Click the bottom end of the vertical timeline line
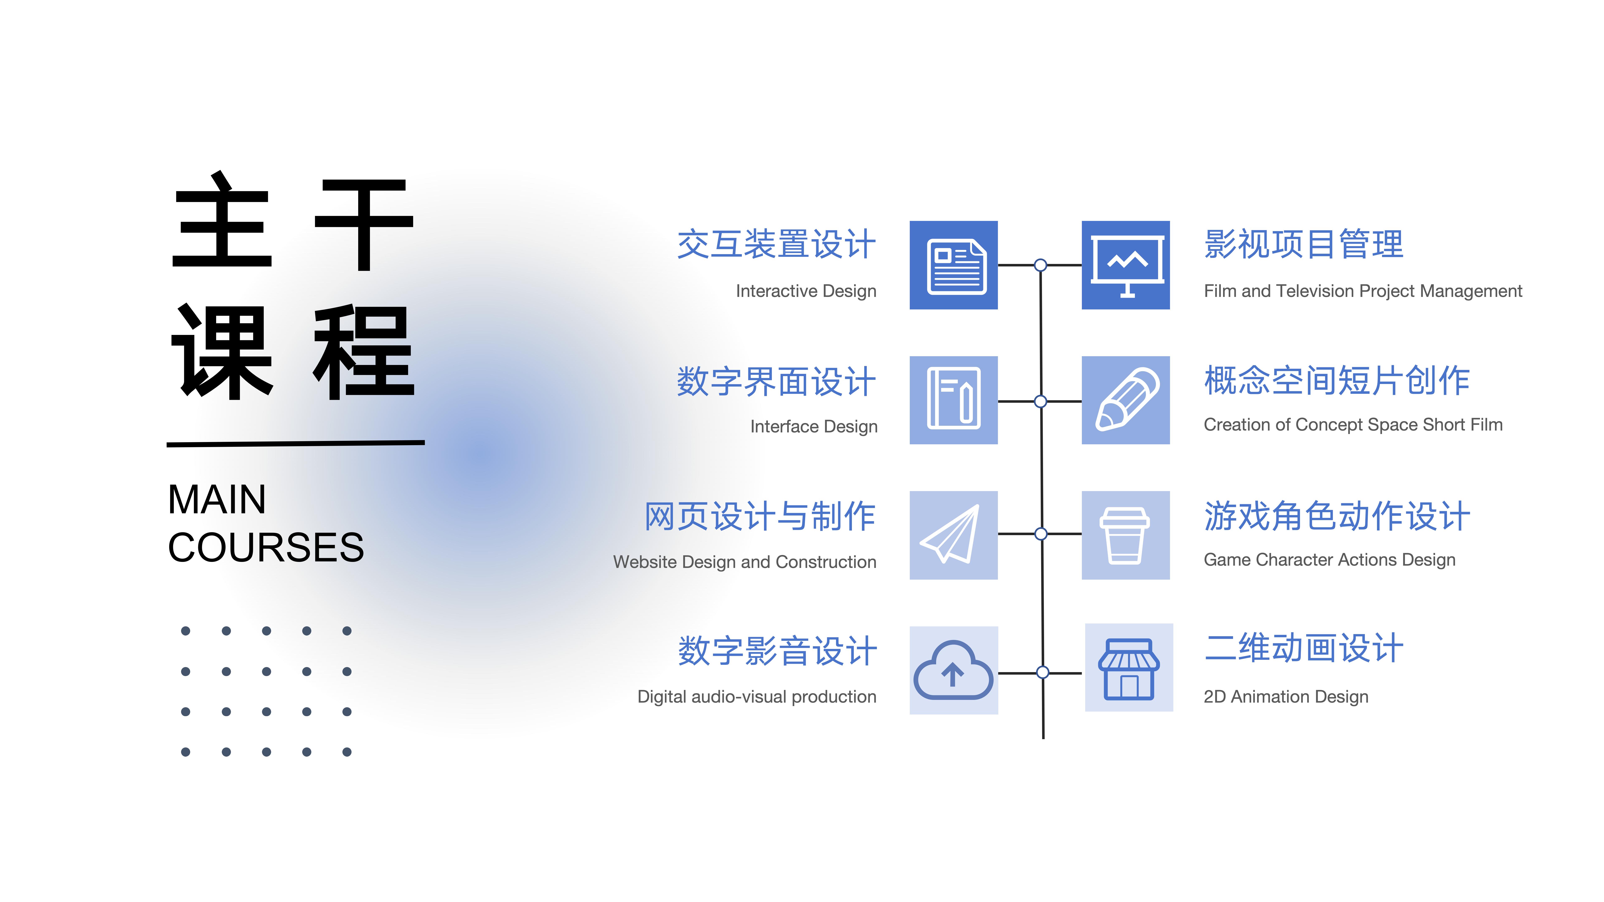point(1043,738)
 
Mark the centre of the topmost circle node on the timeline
point(1041,265)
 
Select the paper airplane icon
point(950,534)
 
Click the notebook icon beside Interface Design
point(953,398)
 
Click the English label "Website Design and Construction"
point(745,562)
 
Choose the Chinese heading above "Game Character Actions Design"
point(1337,516)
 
